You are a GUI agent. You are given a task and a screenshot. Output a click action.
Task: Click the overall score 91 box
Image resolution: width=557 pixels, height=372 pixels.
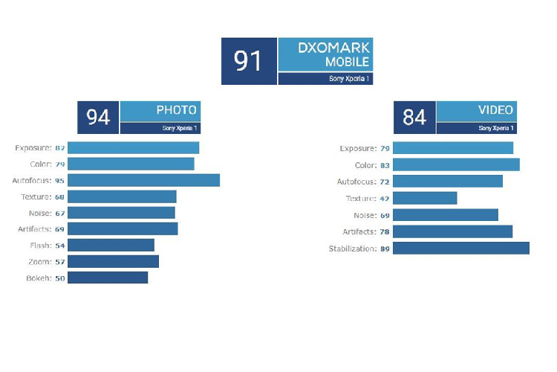coord(248,60)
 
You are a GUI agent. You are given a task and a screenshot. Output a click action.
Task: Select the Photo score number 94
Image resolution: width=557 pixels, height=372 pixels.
coord(98,118)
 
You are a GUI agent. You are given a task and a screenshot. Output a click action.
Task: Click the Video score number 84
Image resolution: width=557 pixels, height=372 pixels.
coord(414,118)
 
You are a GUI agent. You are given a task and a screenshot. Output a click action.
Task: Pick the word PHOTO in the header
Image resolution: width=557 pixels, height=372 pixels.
coord(176,110)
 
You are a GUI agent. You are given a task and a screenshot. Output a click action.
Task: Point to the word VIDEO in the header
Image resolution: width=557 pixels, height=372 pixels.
coord(495,110)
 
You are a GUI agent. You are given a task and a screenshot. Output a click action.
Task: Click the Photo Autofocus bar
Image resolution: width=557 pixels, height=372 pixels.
coord(143,180)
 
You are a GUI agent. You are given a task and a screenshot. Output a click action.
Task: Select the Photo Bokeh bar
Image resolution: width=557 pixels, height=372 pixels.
coord(108,278)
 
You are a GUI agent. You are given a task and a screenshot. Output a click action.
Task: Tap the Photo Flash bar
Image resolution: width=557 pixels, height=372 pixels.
coord(111,245)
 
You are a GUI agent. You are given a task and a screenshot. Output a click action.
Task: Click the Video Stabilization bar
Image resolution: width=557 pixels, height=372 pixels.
coord(460,248)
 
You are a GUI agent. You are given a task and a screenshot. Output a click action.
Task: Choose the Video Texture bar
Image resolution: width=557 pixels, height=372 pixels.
coord(424,198)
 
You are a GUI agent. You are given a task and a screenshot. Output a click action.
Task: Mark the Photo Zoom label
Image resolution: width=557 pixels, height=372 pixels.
coord(39,262)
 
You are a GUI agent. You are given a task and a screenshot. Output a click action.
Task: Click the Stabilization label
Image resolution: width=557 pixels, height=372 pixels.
coord(353,248)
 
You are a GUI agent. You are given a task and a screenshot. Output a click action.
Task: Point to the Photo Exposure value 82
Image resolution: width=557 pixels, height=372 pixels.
coord(60,148)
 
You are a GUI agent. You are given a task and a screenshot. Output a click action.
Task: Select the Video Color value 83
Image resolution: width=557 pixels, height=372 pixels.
coord(385,165)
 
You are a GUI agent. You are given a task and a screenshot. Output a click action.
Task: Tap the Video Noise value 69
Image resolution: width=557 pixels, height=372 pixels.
coord(385,215)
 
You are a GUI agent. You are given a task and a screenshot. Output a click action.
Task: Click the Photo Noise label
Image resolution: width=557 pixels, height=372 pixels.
coord(39,213)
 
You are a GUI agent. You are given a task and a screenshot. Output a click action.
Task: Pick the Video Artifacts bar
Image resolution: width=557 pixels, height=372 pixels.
coord(452,231)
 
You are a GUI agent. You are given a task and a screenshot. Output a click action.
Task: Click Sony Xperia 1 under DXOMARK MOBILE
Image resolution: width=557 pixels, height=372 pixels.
coord(349,78)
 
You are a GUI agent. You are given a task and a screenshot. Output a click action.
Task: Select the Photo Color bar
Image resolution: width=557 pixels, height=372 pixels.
coord(131,164)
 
